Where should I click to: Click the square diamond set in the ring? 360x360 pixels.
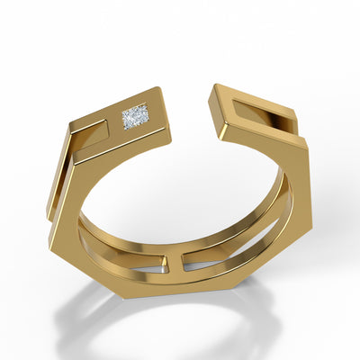pyautogui.click(x=135, y=117)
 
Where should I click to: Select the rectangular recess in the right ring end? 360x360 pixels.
pyautogui.click(x=262, y=115)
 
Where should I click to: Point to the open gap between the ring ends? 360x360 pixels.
pyautogui.click(x=191, y=112)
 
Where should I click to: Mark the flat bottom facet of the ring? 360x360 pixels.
pyautogui.click(x=180, y=286)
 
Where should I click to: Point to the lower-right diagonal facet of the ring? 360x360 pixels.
pyautogui.click(x=279, y=256)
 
